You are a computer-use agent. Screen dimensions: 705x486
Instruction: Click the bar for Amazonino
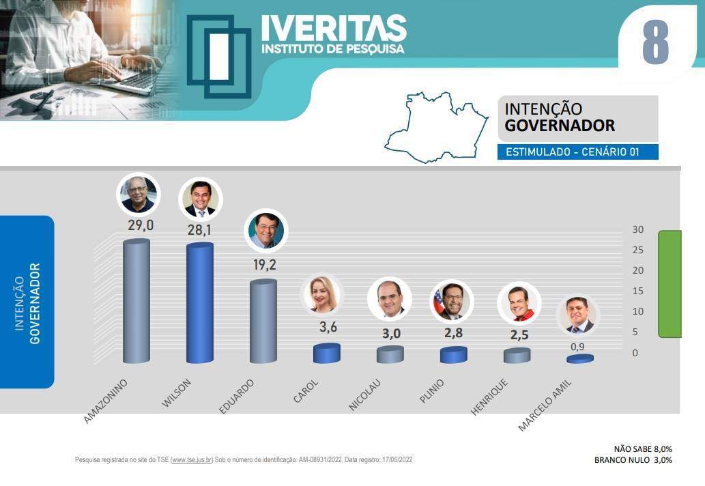pyautogui.click(x=136, y=301)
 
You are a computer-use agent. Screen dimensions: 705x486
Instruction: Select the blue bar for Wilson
pyautogui.click(x=200, y=302)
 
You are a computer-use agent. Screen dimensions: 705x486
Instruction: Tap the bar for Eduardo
pyautogui.click(x=263, y=321)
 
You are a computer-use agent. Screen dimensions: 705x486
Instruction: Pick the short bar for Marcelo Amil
pyautogui.click(x=580, y=359)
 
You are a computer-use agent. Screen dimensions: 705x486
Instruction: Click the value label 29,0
pyautogui.click(x=141, y=225)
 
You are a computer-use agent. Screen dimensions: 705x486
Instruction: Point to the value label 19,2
pyautogui.click(x=264, y=265)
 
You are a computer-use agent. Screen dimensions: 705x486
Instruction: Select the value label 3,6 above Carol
pyautogui.click(x=328, y=327)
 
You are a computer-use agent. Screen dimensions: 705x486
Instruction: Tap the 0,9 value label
pyautogui.click(x=577, y=347)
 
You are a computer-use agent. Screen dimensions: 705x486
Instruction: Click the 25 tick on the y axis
pyautogui.click(x=637, y=250)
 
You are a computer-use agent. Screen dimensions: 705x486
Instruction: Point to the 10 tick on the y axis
pyautogui.click(x=637, y=311)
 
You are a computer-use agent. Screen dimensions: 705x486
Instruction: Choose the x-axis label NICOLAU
pyautogui.click(x=364, y=395)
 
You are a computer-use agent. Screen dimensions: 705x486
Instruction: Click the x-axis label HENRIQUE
pyautogui.click(x=489, y=397)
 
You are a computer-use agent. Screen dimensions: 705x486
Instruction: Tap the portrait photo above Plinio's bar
pyautogui.click(x=451, y=301)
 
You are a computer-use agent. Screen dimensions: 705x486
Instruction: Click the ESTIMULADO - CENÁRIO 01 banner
pyautogui.click(x=578, y=152)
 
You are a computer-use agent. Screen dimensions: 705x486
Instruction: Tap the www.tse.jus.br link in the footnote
pyautogui.click(x=192, y=460)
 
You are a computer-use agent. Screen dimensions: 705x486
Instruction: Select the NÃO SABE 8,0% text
pyautogui.click(x=643, y=449)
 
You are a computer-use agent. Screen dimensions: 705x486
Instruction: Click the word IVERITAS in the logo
pyautogui.click(x=334, y=28)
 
